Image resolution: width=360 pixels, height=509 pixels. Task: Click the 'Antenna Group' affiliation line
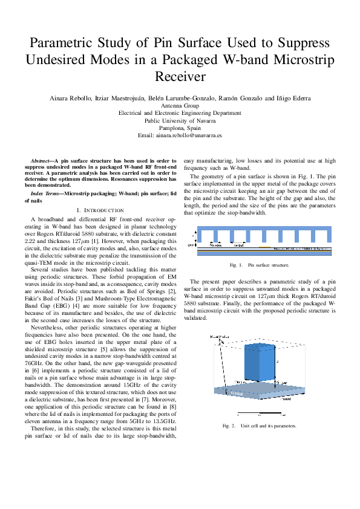180,105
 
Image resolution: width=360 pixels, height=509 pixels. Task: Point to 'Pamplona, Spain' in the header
180,128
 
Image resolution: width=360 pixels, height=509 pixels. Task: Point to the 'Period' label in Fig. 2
285,400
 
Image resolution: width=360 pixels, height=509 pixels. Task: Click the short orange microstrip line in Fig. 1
264,247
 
